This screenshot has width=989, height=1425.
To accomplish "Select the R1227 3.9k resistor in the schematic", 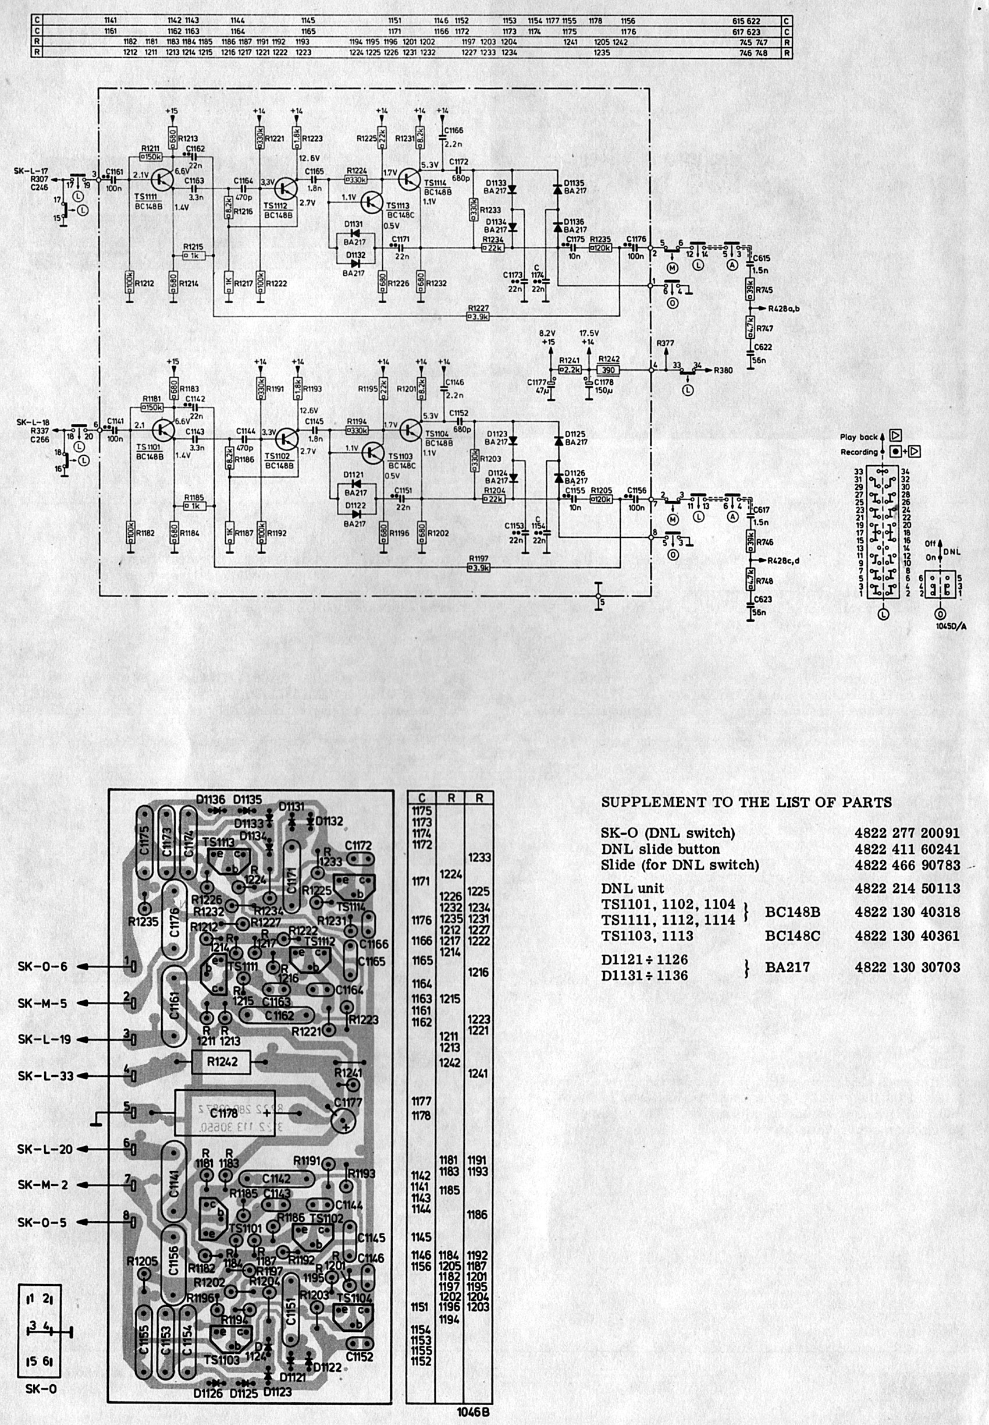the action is (x=478, y=316).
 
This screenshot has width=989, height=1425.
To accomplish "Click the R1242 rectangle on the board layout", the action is (x=222, y=1062).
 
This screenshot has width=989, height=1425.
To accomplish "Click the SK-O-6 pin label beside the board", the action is (x=42, y=966).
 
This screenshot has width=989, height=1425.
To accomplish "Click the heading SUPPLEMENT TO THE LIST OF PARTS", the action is (x=746, y=802).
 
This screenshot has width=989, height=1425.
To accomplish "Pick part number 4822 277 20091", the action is (x=906, y=833).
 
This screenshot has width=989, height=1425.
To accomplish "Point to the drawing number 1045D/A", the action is (x=950, y=626).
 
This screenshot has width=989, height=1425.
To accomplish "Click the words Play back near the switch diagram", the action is (x=859, y=437).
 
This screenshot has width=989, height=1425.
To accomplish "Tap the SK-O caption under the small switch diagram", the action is (x=41, y=1389).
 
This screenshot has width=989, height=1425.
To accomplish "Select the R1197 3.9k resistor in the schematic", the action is (x=478, y=567).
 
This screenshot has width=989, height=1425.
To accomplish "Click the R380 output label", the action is (x=723, y=370).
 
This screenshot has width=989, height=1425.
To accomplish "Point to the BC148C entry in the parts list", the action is (x=792, y=935).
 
